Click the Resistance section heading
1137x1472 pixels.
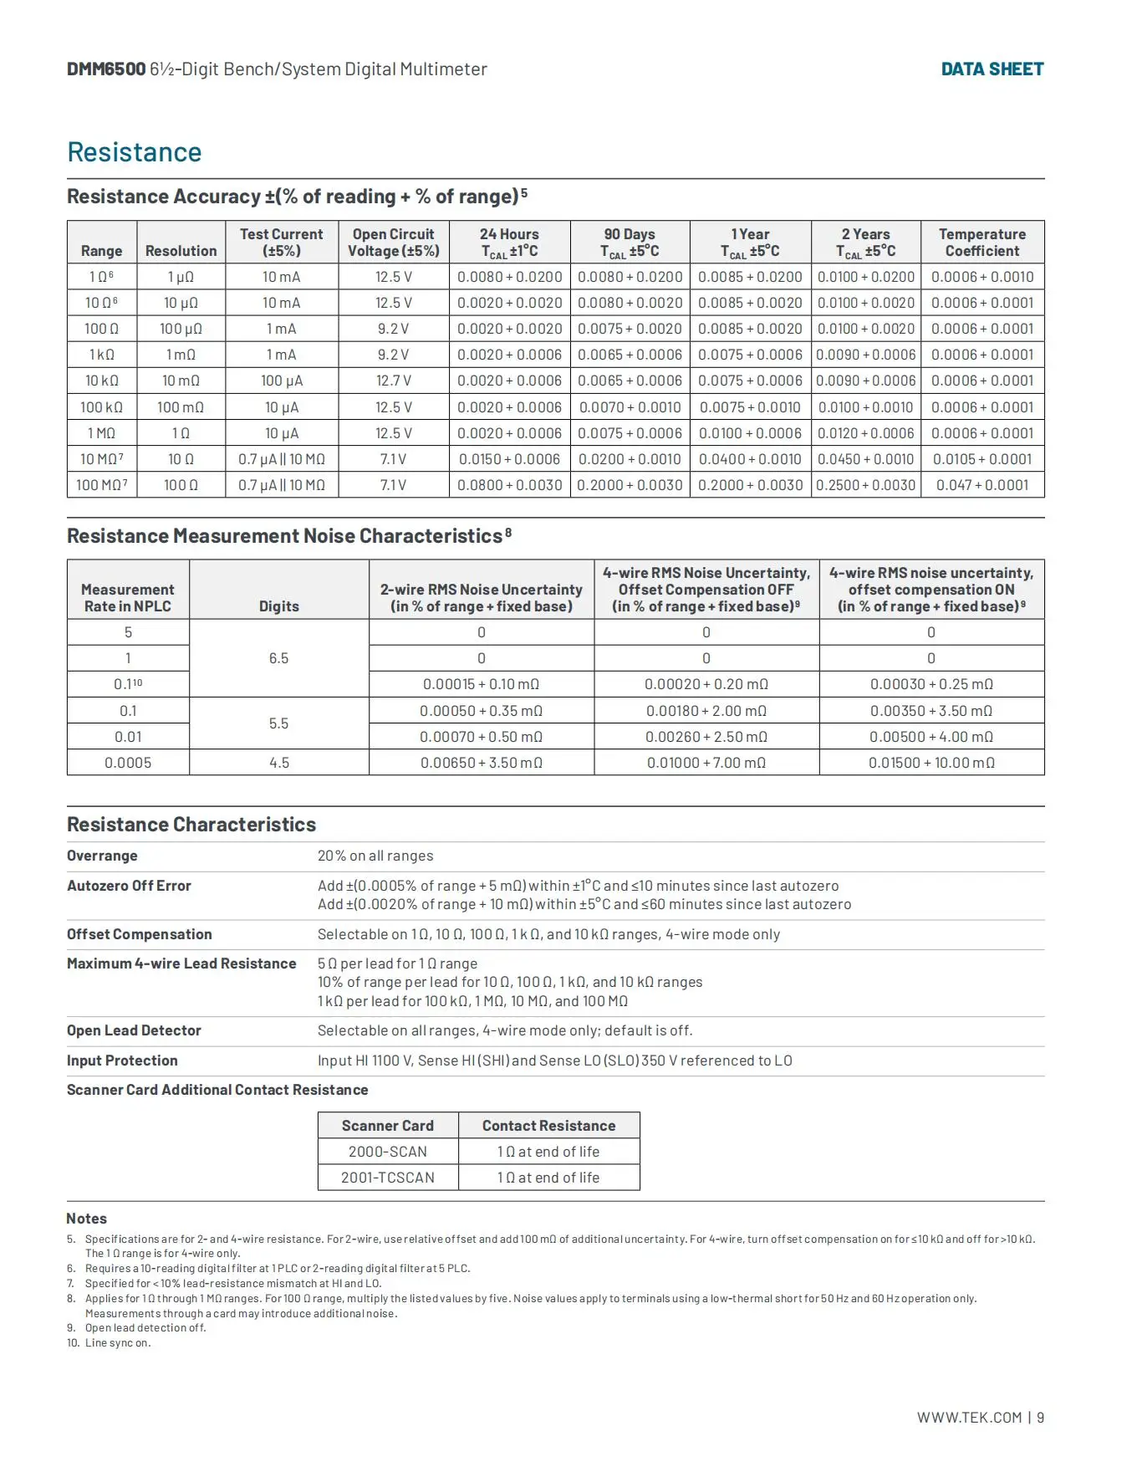click(135, 152)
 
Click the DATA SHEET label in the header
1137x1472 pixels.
click(992, 69)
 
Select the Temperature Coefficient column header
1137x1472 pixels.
click(981, 243)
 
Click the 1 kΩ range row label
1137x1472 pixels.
click(102, 355)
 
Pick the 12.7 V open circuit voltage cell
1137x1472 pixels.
click(393, 381)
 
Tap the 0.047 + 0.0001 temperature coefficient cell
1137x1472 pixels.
click(981, 485)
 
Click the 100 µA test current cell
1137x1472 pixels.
click(282, 381)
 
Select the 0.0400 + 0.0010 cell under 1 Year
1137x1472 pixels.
click(750, 459)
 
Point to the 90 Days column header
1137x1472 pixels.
click(630, 243)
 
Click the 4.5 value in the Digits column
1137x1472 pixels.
click(279, 763)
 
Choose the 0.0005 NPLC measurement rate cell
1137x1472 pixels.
click(128, 763)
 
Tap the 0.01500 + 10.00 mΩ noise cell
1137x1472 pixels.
click(931, 763)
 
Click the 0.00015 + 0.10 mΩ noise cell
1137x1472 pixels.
click(481, 684)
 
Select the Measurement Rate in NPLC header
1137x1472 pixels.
click(128, 598)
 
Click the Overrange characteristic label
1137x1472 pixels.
click(102, 856)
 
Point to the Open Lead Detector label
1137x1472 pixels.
click(134, 1030)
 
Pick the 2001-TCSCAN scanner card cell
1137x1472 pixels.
click(388, 1178)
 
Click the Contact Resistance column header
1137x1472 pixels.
click(548, 1126)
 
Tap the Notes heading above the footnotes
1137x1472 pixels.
click(87, 1219)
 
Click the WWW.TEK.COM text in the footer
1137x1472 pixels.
click(969, 1418)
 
